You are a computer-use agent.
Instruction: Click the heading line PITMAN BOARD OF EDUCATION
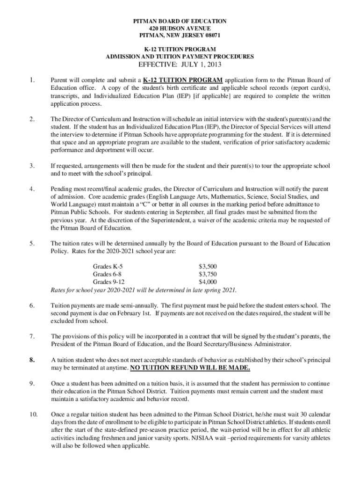pyautogui.click(x=180, y=21)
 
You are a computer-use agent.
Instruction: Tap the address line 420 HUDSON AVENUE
pyautogui.click(x=180, y=28)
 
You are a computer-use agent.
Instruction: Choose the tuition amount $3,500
pyautogui.click(x=208, y=267)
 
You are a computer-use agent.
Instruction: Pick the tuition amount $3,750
pyautogui.click(x=208, y=275)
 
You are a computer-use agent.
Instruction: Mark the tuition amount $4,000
pyautogui.click(x=208, y=282)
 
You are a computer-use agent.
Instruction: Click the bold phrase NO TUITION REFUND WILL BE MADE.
pyautogui.click(x=190, y=368)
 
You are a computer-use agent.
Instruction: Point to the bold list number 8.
pyautogui.click(x=32, y=360)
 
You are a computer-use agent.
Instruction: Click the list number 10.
pyautogui.click(x=33, y=414)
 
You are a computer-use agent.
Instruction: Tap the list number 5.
pyautogui.click(x=31, y=244)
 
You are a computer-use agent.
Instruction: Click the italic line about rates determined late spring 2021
pyautogui.click(x=144, y=290)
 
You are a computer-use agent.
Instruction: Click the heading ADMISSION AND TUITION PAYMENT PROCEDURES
pyautogui.click(x=180, y=57)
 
